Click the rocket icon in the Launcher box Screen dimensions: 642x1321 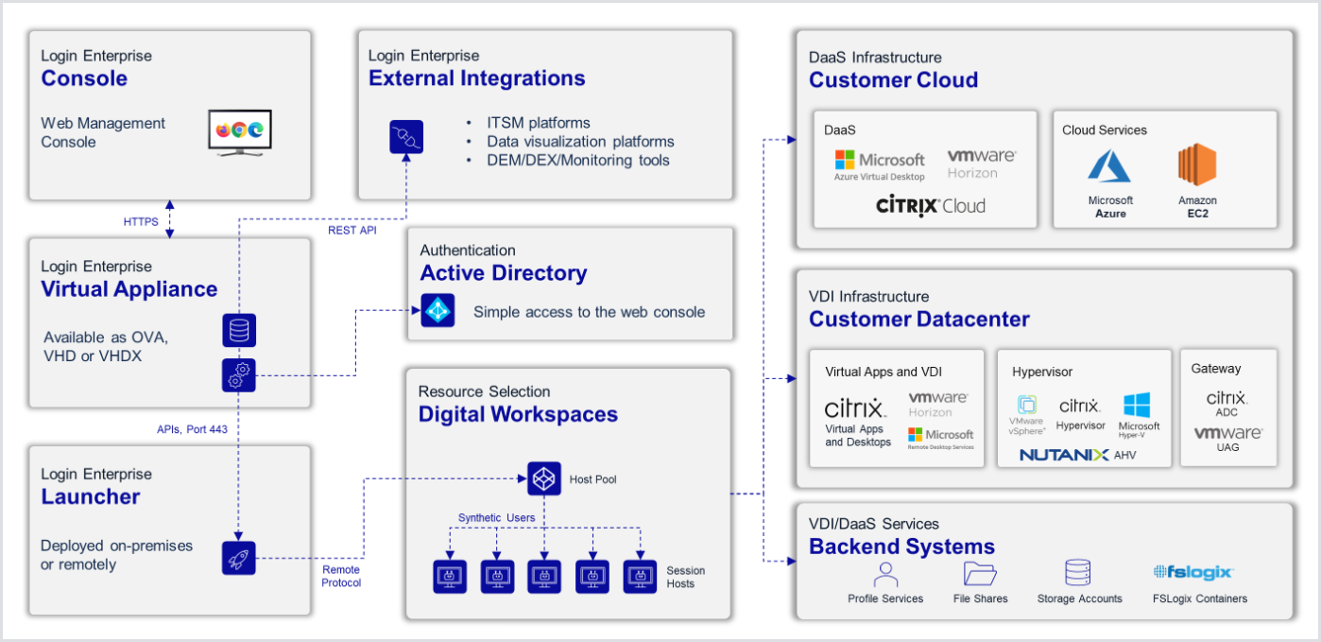click(x=238, y=557)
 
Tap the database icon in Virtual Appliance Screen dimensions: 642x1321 click(x=238, y=331)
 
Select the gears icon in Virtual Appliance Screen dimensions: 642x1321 click(x=238, y=375)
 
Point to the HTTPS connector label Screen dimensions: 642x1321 click(x=141, y=222)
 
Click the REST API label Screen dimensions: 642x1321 click(x=352, y=230)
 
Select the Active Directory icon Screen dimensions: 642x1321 click(x=437, y=310)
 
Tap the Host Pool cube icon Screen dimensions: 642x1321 click(x=544, y=478)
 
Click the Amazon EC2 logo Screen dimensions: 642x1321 click(x=1197, y=165)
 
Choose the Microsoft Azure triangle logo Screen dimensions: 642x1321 click(x=1109, y=166)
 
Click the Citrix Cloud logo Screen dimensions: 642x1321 click(x=930, y=205)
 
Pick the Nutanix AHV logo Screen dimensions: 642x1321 click(x=1077, y=455)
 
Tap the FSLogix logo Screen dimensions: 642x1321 click(x=1193, y=572)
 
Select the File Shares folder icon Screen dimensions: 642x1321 click(x=980, y=573)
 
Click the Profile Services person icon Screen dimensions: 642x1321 click(x=885, y=573)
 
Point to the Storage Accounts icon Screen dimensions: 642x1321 click(x=1078, y=573)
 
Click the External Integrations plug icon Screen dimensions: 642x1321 click(x=406, y=137)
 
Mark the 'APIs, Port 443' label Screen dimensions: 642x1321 click(x=192, y=429)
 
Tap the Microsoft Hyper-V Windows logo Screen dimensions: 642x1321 click(x=1136, y=406)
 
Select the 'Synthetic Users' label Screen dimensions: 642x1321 click(x=496, y=517)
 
